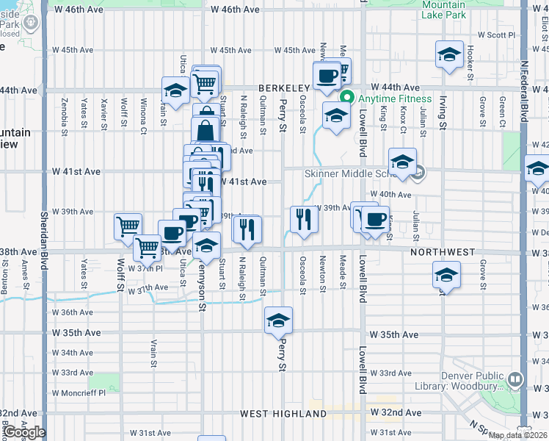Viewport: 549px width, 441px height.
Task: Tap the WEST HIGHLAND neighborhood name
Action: coord(283,414)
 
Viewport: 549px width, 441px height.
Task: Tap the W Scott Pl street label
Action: coord(497,35)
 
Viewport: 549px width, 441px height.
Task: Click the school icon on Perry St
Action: coord(278,320)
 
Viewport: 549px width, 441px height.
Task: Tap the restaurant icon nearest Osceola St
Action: coord(303,218)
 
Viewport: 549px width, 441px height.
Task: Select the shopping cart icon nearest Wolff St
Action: coord(128,226)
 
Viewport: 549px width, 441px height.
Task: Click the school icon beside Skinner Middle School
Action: coord(402,163)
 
